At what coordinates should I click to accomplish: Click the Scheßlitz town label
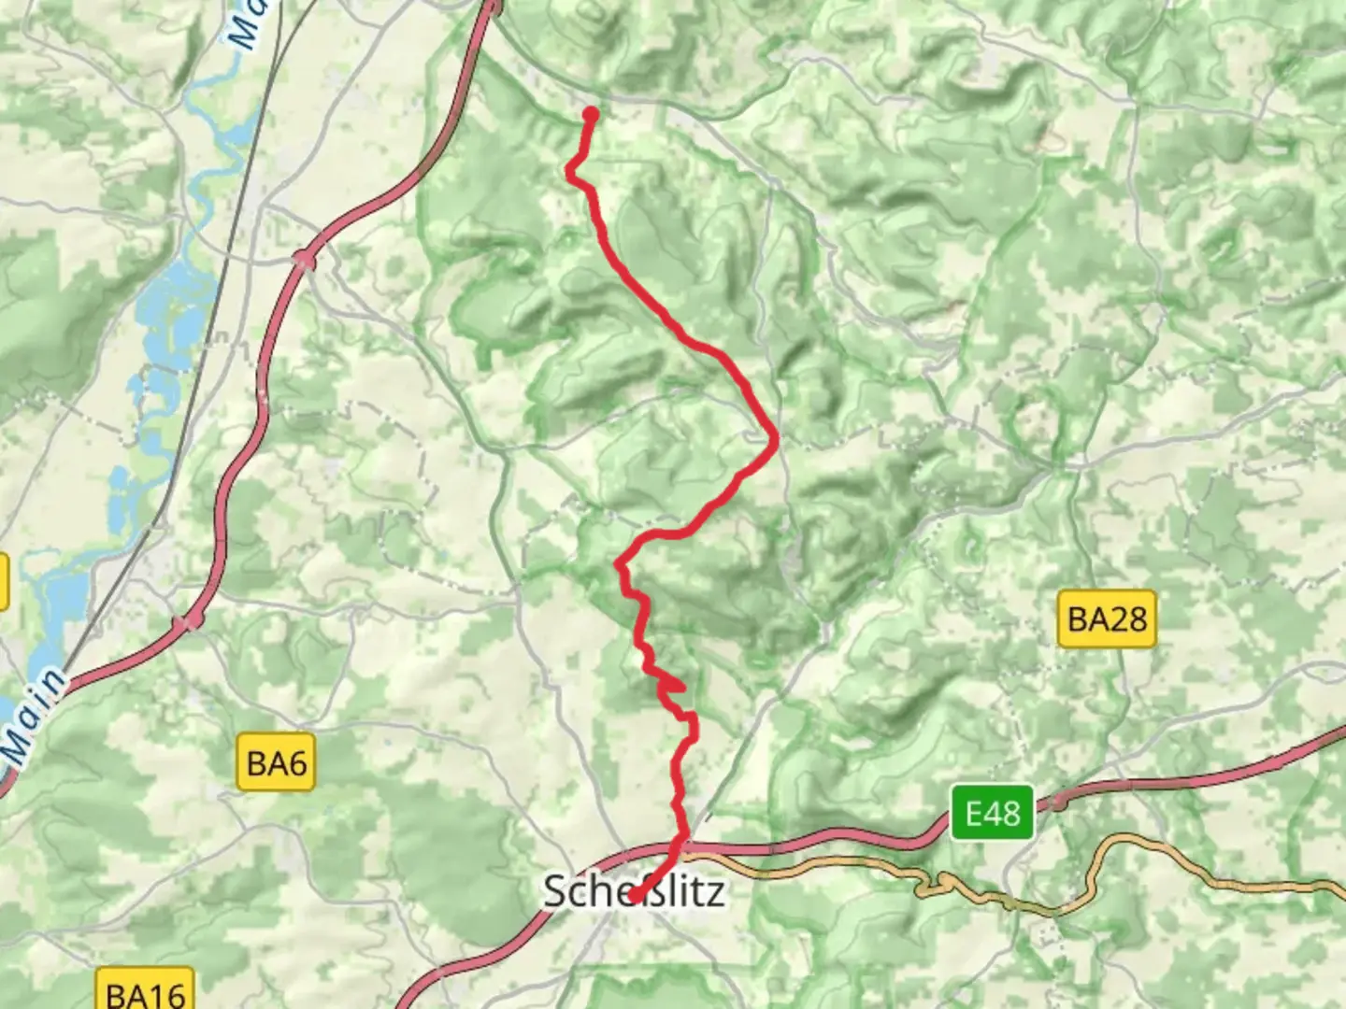(x=634, y=891)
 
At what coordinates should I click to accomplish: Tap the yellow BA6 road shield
(x=277, y=763)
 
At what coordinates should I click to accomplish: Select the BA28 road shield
(x=1107, y=618)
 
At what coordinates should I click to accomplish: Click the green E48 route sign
(x=992, y=813)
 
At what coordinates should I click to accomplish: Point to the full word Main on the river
(x=34, y=715)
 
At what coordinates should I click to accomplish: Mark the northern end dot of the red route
(x=591, y=115)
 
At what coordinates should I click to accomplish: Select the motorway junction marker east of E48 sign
(x=1058, y=802)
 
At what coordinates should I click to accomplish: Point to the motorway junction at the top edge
(x=493, y=9)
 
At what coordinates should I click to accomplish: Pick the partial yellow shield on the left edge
(x=4, y=582)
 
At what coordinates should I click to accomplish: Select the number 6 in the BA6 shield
(x=297, y=763)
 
